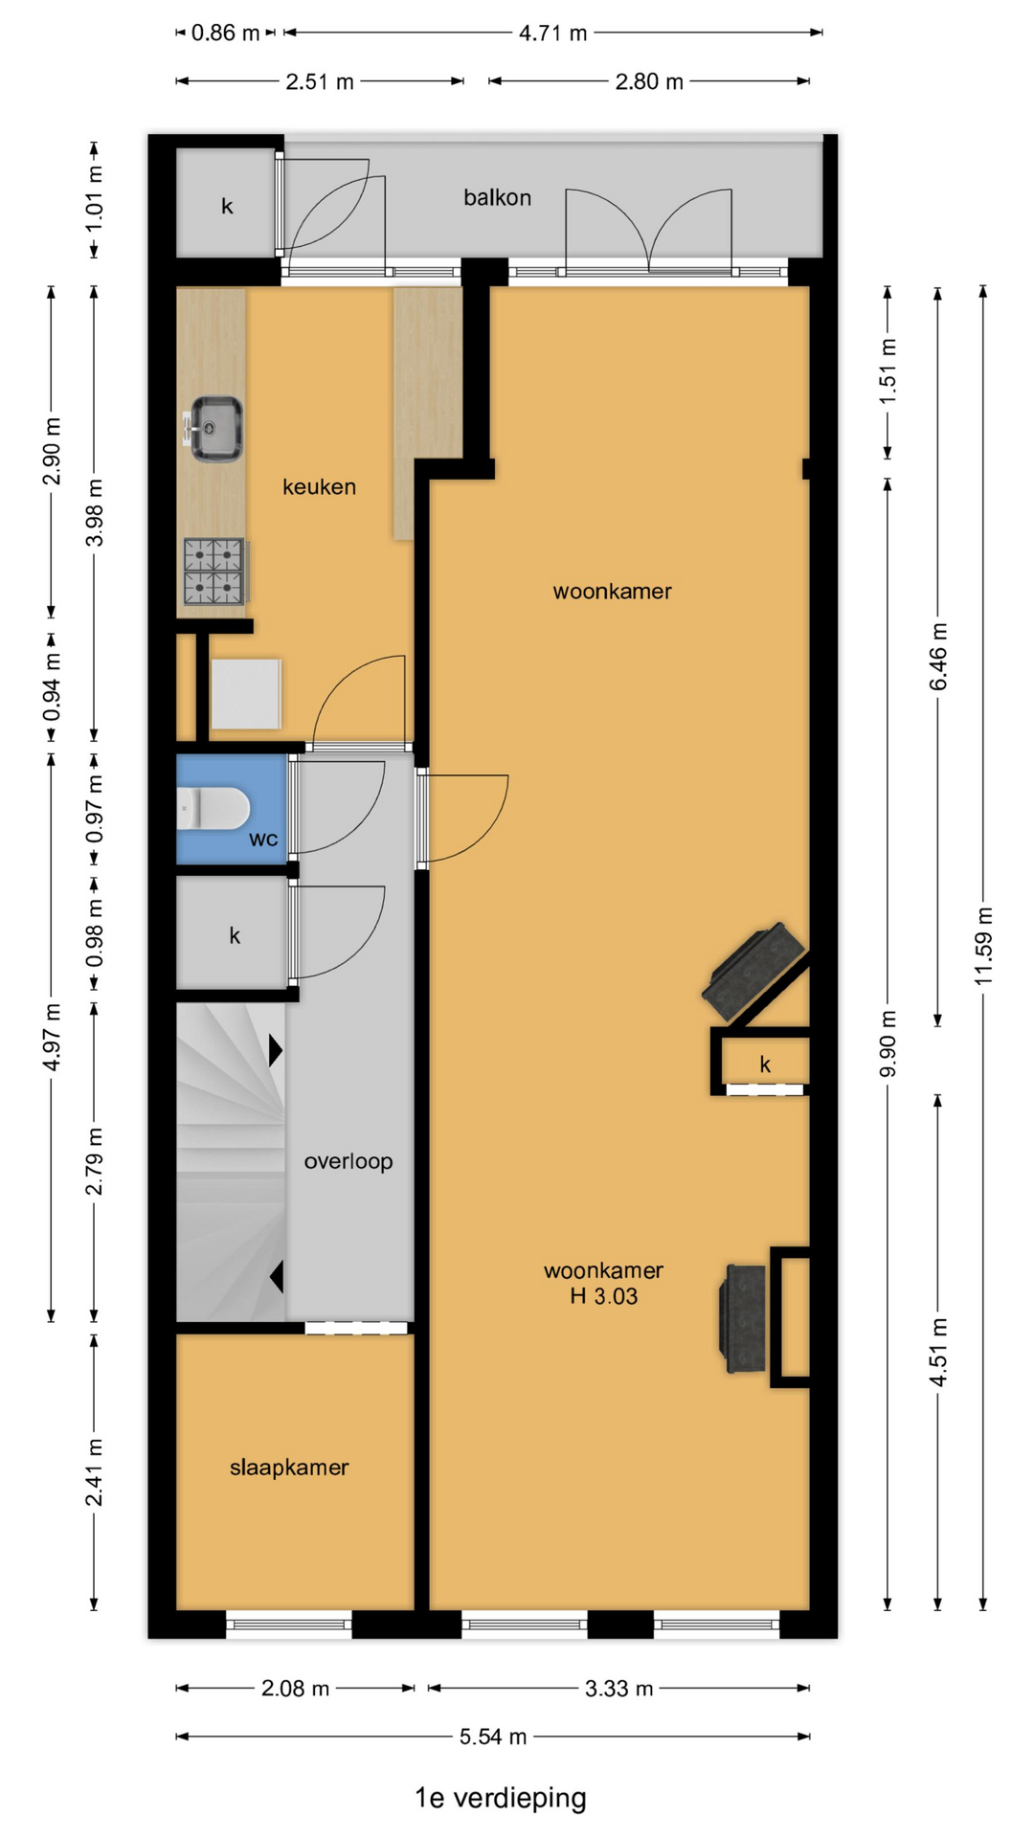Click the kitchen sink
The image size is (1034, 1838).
click(x=214, y=428)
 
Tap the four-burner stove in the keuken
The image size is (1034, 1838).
click(x=215, y=572)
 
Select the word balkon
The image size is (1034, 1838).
click(x=497, y=197)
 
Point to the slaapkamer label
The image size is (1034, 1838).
click(x=289, y=1468)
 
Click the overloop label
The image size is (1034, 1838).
click(x=348, y=1161)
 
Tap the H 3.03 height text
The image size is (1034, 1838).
click(x=603, y=1296)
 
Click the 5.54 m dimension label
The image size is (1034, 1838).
click(x=493, y=1737)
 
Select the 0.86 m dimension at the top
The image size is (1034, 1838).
click(x=226, y=33)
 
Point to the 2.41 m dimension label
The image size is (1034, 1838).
click(x=94, y=1472)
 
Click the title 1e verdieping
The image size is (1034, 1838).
click(x=501, y=1798)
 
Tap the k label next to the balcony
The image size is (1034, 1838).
click(x=227, y=206)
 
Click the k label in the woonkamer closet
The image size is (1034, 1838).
click(x=765, y=1064)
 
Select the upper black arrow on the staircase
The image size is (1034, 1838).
click(x=276, y=1050)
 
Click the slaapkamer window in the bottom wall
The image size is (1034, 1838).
click(x=289, y=1624)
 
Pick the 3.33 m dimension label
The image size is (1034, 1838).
click(x=619, y=1688)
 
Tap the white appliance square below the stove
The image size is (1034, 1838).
click(x=246, y=693)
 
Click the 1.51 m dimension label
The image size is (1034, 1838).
click(x=888, y=371)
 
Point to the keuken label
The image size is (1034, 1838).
click(x=319, y=486)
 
